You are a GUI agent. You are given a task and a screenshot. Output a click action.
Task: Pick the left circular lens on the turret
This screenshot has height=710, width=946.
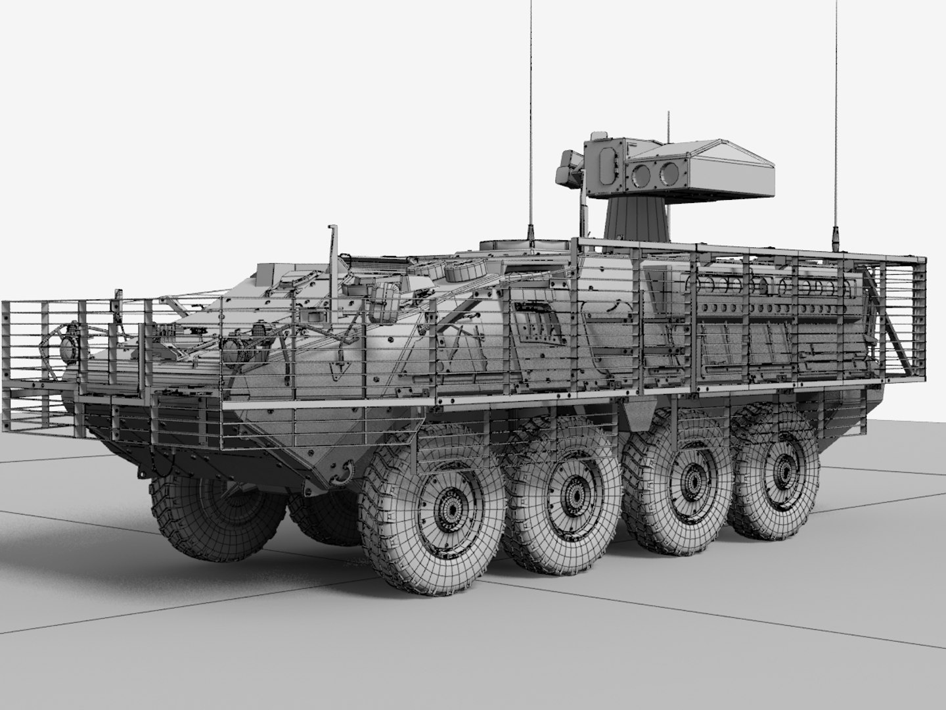[639, 174]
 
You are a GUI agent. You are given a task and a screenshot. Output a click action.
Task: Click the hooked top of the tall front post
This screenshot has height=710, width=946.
[332, 229]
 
